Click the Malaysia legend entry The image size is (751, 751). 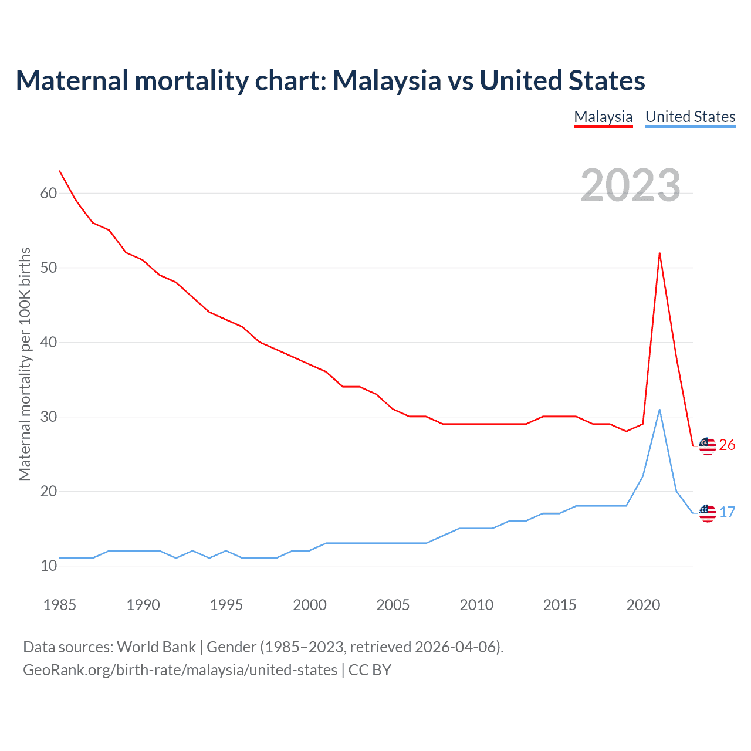coord(603,117)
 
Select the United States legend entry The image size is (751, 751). coord(690,117)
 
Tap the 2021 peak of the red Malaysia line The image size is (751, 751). coord(659,253)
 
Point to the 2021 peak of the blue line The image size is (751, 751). coord(659,410)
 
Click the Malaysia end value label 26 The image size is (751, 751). coord(727,445)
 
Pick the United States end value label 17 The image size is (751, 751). coord(728,512)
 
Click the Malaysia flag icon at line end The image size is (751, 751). coord(708,446)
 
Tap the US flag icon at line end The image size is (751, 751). coord(708,513)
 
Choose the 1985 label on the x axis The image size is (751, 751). coord(60,605)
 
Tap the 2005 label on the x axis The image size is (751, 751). coord(393,605)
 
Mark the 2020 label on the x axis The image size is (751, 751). coord(643,605)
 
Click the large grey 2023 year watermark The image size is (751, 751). coord(630,185)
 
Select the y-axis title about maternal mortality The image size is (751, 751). coord(25,364)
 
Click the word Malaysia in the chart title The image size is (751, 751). coord(387,81)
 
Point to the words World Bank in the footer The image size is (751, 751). coord(156,647)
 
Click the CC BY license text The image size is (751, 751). coord(370,670)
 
